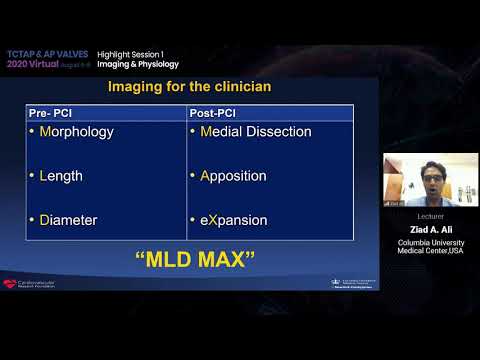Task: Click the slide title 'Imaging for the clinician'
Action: (x=189, y=87)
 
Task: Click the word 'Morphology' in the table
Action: (x=76, y=132)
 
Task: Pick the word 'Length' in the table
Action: (x=61, y=176)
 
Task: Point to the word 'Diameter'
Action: (x=69, y=220)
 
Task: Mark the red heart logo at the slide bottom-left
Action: (x=12, y=283)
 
